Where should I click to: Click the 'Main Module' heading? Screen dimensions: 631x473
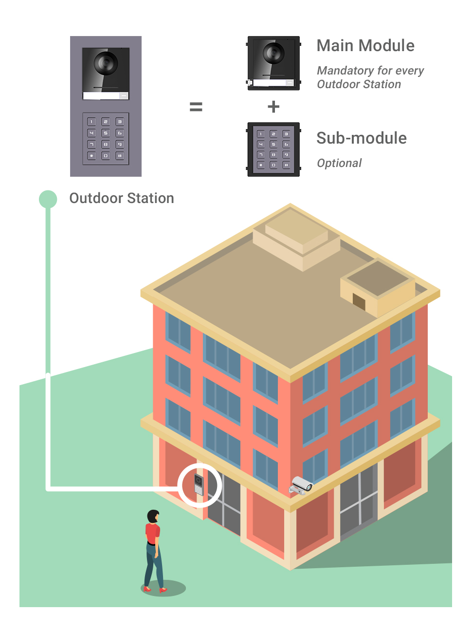pos(365,46)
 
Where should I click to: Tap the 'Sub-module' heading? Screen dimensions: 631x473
pos(361,138)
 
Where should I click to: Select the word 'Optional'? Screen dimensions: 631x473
pos(339,163)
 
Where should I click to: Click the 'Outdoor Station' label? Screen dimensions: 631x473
pos(122,198)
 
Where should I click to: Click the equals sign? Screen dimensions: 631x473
pos(196,107)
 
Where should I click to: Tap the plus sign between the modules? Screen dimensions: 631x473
pos(273,107)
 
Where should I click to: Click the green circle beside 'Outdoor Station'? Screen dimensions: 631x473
pos(48,199)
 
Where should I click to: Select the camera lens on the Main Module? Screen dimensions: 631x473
pos(273,53)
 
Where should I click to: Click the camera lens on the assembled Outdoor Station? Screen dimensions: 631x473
pos(106,62)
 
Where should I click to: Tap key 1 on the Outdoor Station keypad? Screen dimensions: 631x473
pos(91,122)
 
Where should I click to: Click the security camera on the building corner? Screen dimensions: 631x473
pos(302,485)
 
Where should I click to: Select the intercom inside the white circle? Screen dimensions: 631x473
pos(199,484)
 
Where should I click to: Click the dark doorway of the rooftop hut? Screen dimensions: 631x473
pos(359,301)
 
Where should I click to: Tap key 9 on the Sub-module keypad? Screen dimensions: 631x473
pos(286,155)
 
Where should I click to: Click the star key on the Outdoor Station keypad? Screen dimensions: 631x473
pos(91,156)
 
